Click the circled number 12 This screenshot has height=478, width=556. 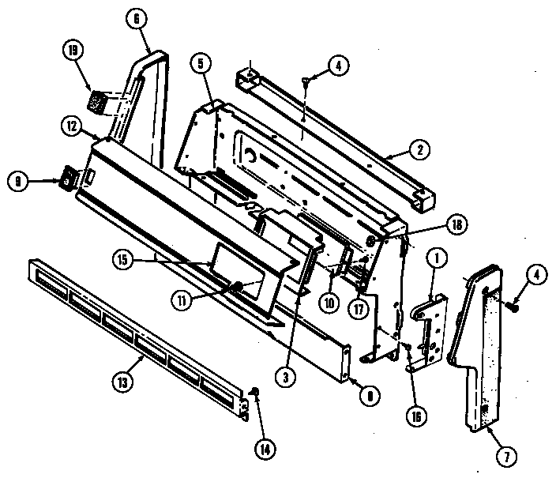[x=71, y=126]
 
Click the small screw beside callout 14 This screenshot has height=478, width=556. [x=255, y=393]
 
